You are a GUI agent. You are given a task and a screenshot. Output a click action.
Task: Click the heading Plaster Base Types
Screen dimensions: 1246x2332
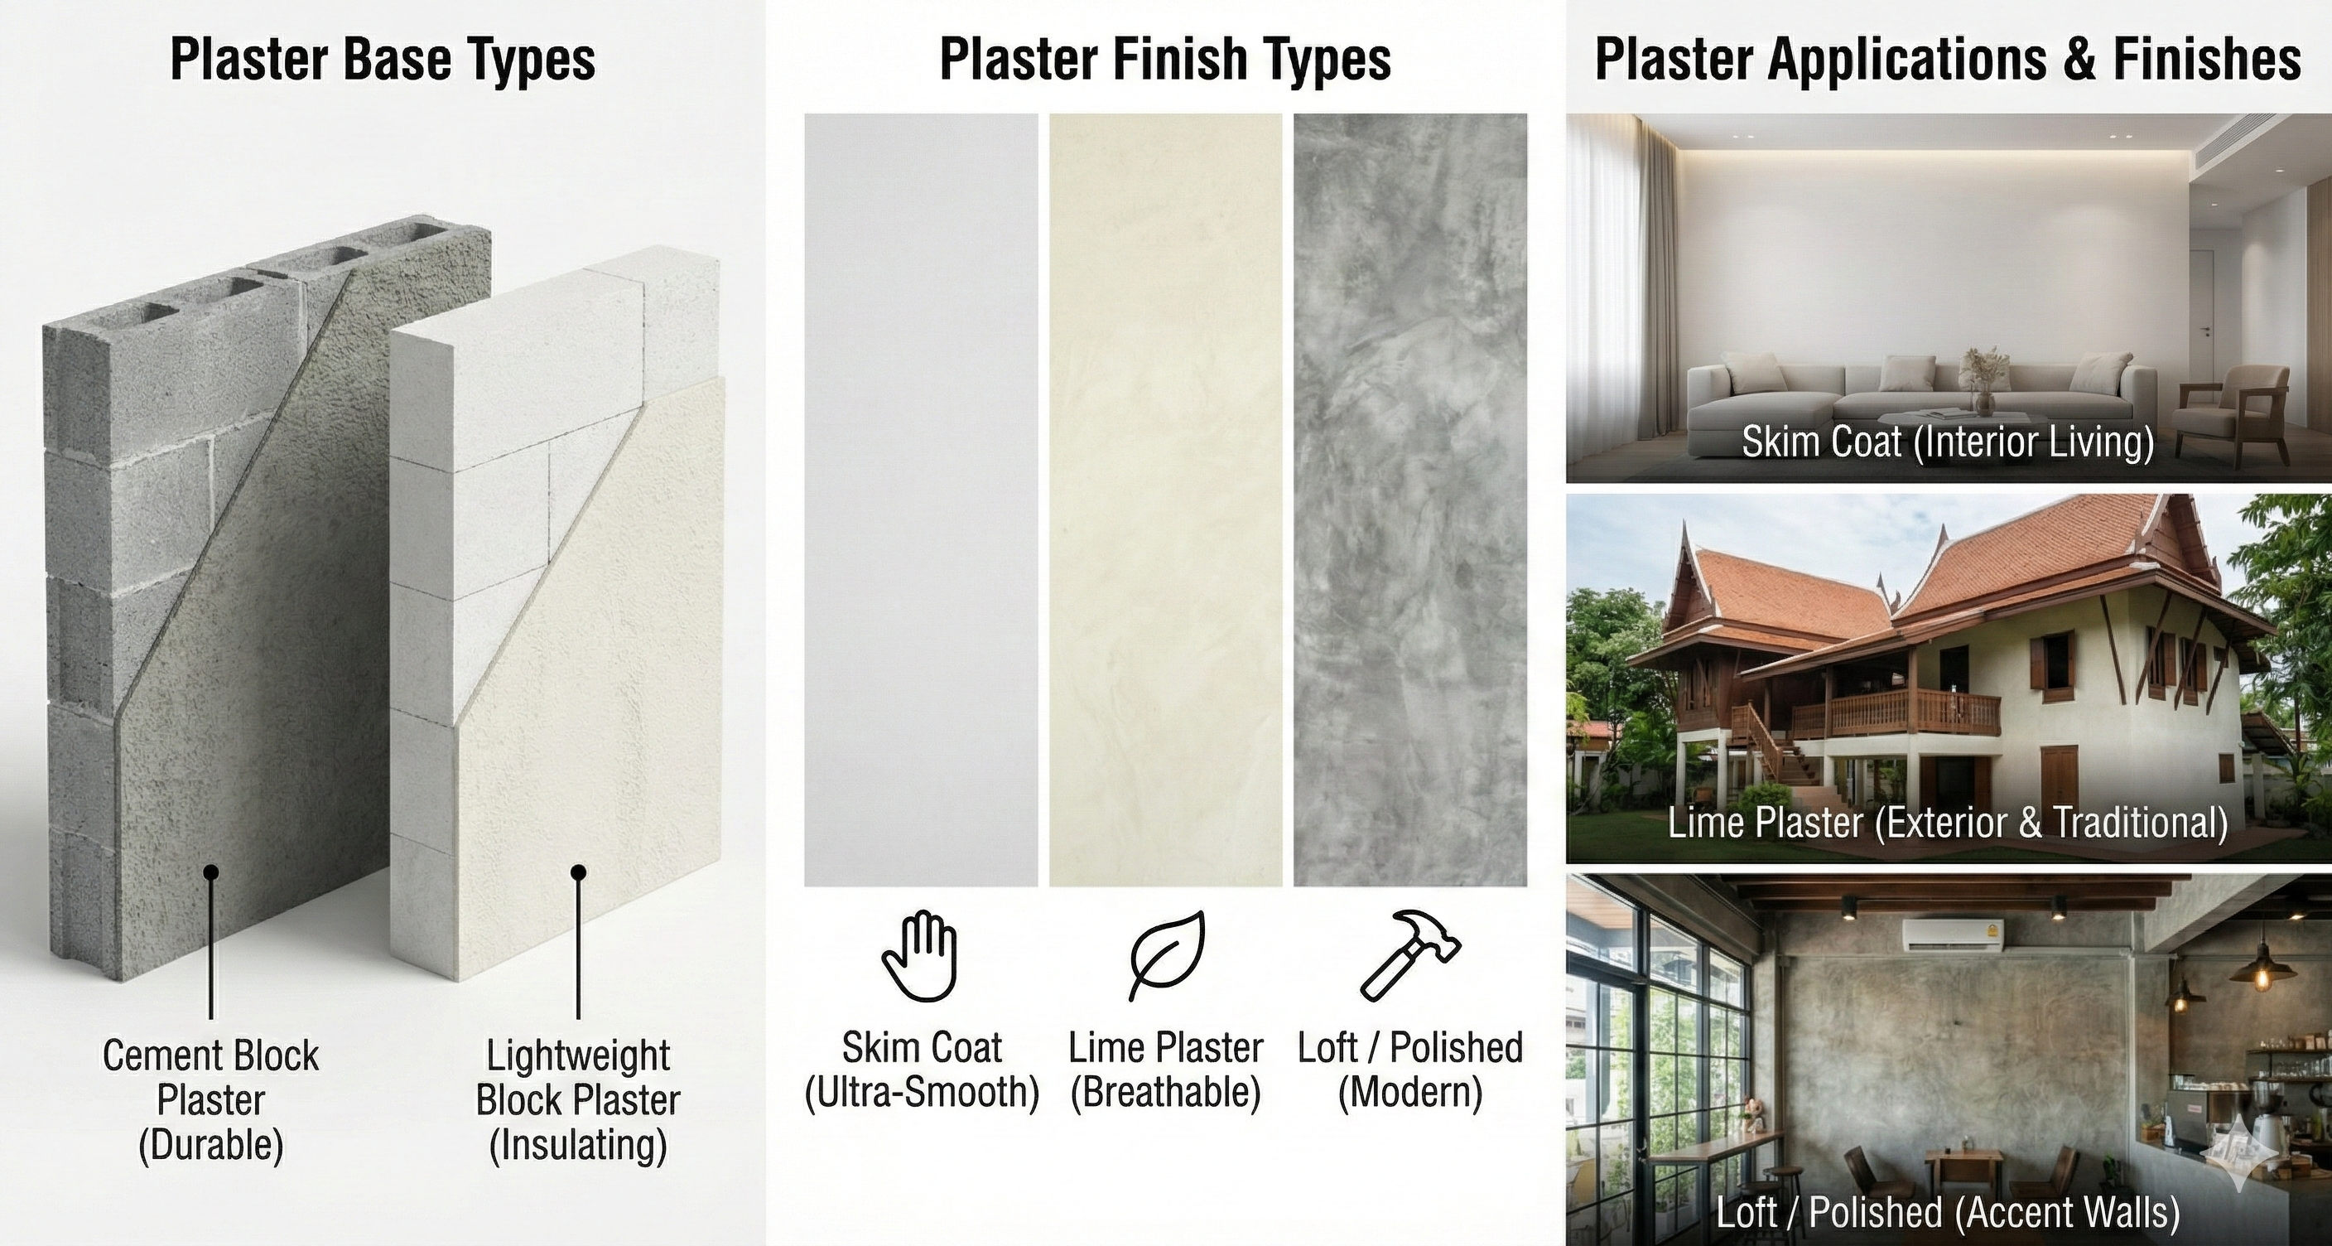pos(382,60)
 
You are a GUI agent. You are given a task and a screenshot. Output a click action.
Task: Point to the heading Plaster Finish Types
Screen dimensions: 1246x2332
pos(1165,60)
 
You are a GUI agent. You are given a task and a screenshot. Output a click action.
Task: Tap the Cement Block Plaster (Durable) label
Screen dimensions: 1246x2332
pos(210,1101)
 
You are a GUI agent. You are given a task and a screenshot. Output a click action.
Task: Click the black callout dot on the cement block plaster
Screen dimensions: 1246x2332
pos(211,873)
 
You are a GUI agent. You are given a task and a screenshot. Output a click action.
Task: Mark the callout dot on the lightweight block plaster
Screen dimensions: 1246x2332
pos(579,873)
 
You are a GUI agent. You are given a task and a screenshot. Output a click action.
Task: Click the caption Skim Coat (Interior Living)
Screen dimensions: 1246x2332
pos(1947,442)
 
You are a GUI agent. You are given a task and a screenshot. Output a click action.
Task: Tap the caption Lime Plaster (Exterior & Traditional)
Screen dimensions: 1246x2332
pos(1947,822)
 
